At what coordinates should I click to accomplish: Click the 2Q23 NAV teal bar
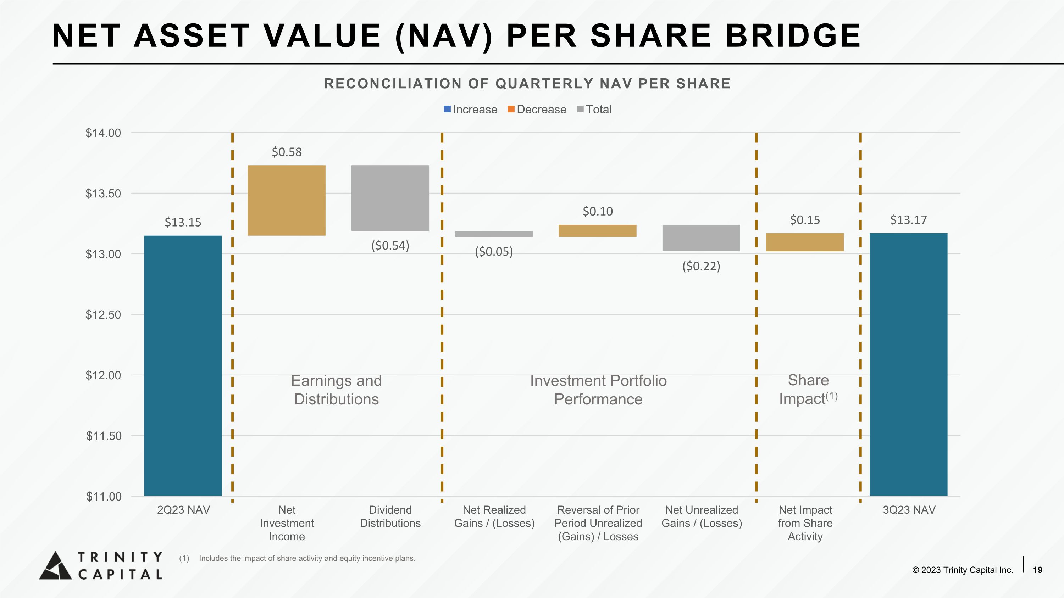[x=183, y=365]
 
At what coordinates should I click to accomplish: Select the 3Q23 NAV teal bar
[x=908, y=364]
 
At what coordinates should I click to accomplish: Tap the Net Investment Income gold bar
[x=286, y=200]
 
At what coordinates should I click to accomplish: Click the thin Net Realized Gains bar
[x=494, y=234]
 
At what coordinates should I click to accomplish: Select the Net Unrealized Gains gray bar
[x=701, y=238]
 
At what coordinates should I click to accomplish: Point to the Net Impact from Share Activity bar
[x=805, y=242]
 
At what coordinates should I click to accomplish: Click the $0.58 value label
[x=287, y=152]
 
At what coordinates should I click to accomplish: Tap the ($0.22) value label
[x=701, y=266]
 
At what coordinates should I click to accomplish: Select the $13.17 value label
[x=908, y=219]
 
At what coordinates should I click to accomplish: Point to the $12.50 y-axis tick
[x=103, y=314]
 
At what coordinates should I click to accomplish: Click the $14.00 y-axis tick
[x=103, y=133]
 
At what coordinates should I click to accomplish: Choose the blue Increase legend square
[x=447, y=109]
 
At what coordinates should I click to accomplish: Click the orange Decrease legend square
[x=511, y=109]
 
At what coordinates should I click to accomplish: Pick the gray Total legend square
[x=580, y=109]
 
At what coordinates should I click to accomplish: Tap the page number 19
[x=1037, y=570]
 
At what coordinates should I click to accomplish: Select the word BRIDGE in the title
[x=793, y=35]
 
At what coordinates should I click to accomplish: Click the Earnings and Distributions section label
[x=336, y=390]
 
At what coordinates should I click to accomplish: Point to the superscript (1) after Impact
[x=831, y=396]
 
